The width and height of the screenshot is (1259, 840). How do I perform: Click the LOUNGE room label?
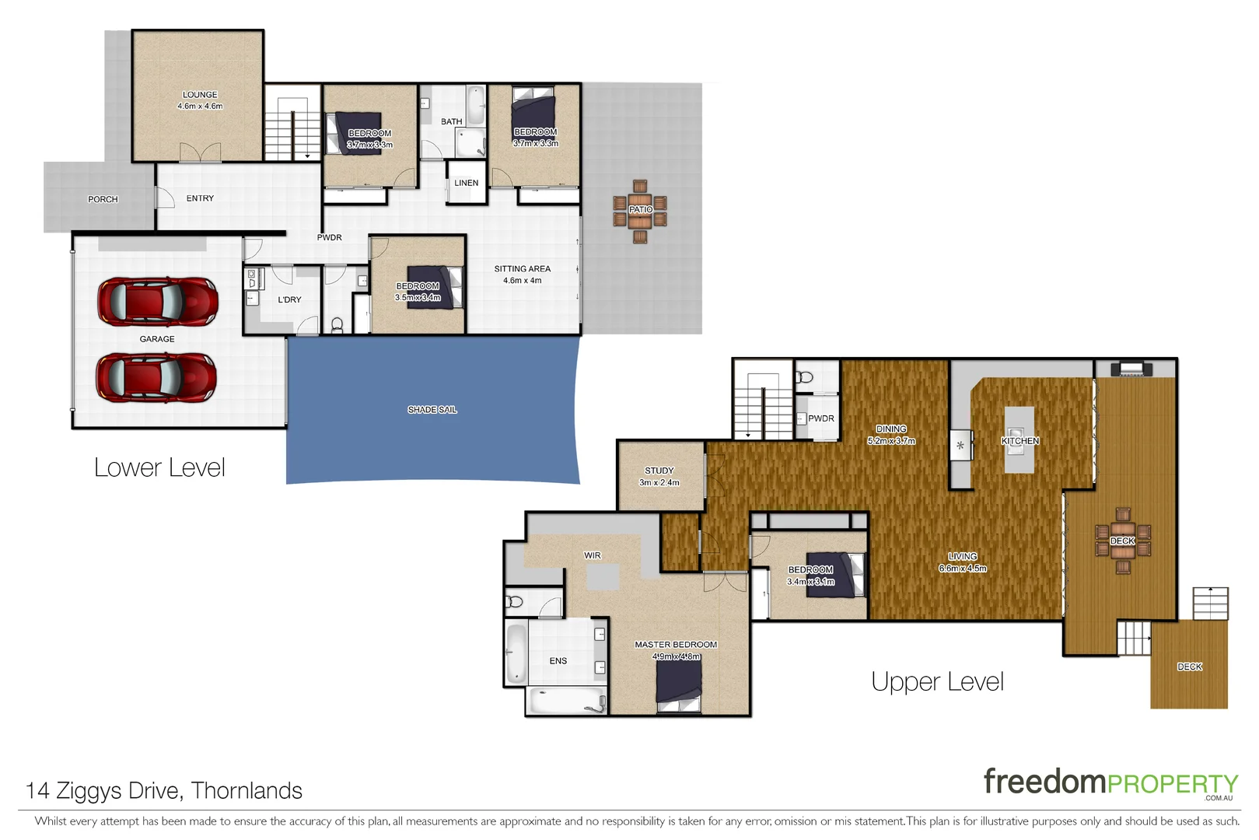click(200, 95)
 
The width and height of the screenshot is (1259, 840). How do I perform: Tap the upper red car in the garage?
click(157, 302)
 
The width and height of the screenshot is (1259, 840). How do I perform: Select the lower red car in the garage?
click(156, 377)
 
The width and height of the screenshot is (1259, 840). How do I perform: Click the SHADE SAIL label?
click(432, 410)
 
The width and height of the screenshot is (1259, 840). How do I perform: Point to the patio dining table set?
click(640, 211)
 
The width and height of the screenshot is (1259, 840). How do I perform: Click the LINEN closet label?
click(466, 184)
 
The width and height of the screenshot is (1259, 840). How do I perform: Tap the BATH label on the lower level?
click(451, 122)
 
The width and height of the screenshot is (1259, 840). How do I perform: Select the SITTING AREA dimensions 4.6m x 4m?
click(522, 281)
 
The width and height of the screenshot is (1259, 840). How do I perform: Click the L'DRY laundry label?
click(289, 300)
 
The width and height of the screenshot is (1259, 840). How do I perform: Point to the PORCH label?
click(103, 200)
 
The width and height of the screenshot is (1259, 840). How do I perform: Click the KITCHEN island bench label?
click(1019, 441)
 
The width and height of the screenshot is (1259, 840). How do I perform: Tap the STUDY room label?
click(659, 471)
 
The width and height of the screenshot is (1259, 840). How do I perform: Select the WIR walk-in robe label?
click(592, 556)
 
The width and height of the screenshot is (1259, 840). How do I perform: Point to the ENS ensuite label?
click(558, 661)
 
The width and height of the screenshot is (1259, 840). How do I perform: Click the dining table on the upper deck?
click(1122, 541)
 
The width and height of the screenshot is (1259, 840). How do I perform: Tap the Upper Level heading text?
click(937, 682)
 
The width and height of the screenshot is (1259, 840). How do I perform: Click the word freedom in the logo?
click(1044, 782)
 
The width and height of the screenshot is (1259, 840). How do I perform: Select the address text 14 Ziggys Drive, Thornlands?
click(164, 791)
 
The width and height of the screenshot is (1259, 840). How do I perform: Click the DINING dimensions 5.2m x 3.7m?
click(891, 441)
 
